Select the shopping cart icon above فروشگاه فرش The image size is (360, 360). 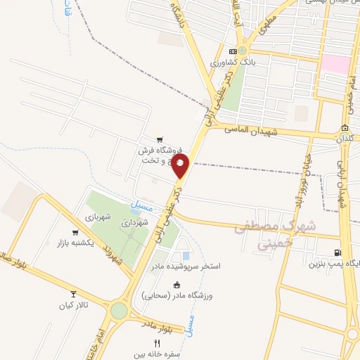pos(160,139)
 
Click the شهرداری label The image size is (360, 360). pos(134,222)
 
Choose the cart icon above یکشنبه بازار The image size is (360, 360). pos(75,233)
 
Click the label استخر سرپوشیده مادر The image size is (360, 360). pos(185,267)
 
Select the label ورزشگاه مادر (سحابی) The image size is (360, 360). pos(179,296)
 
